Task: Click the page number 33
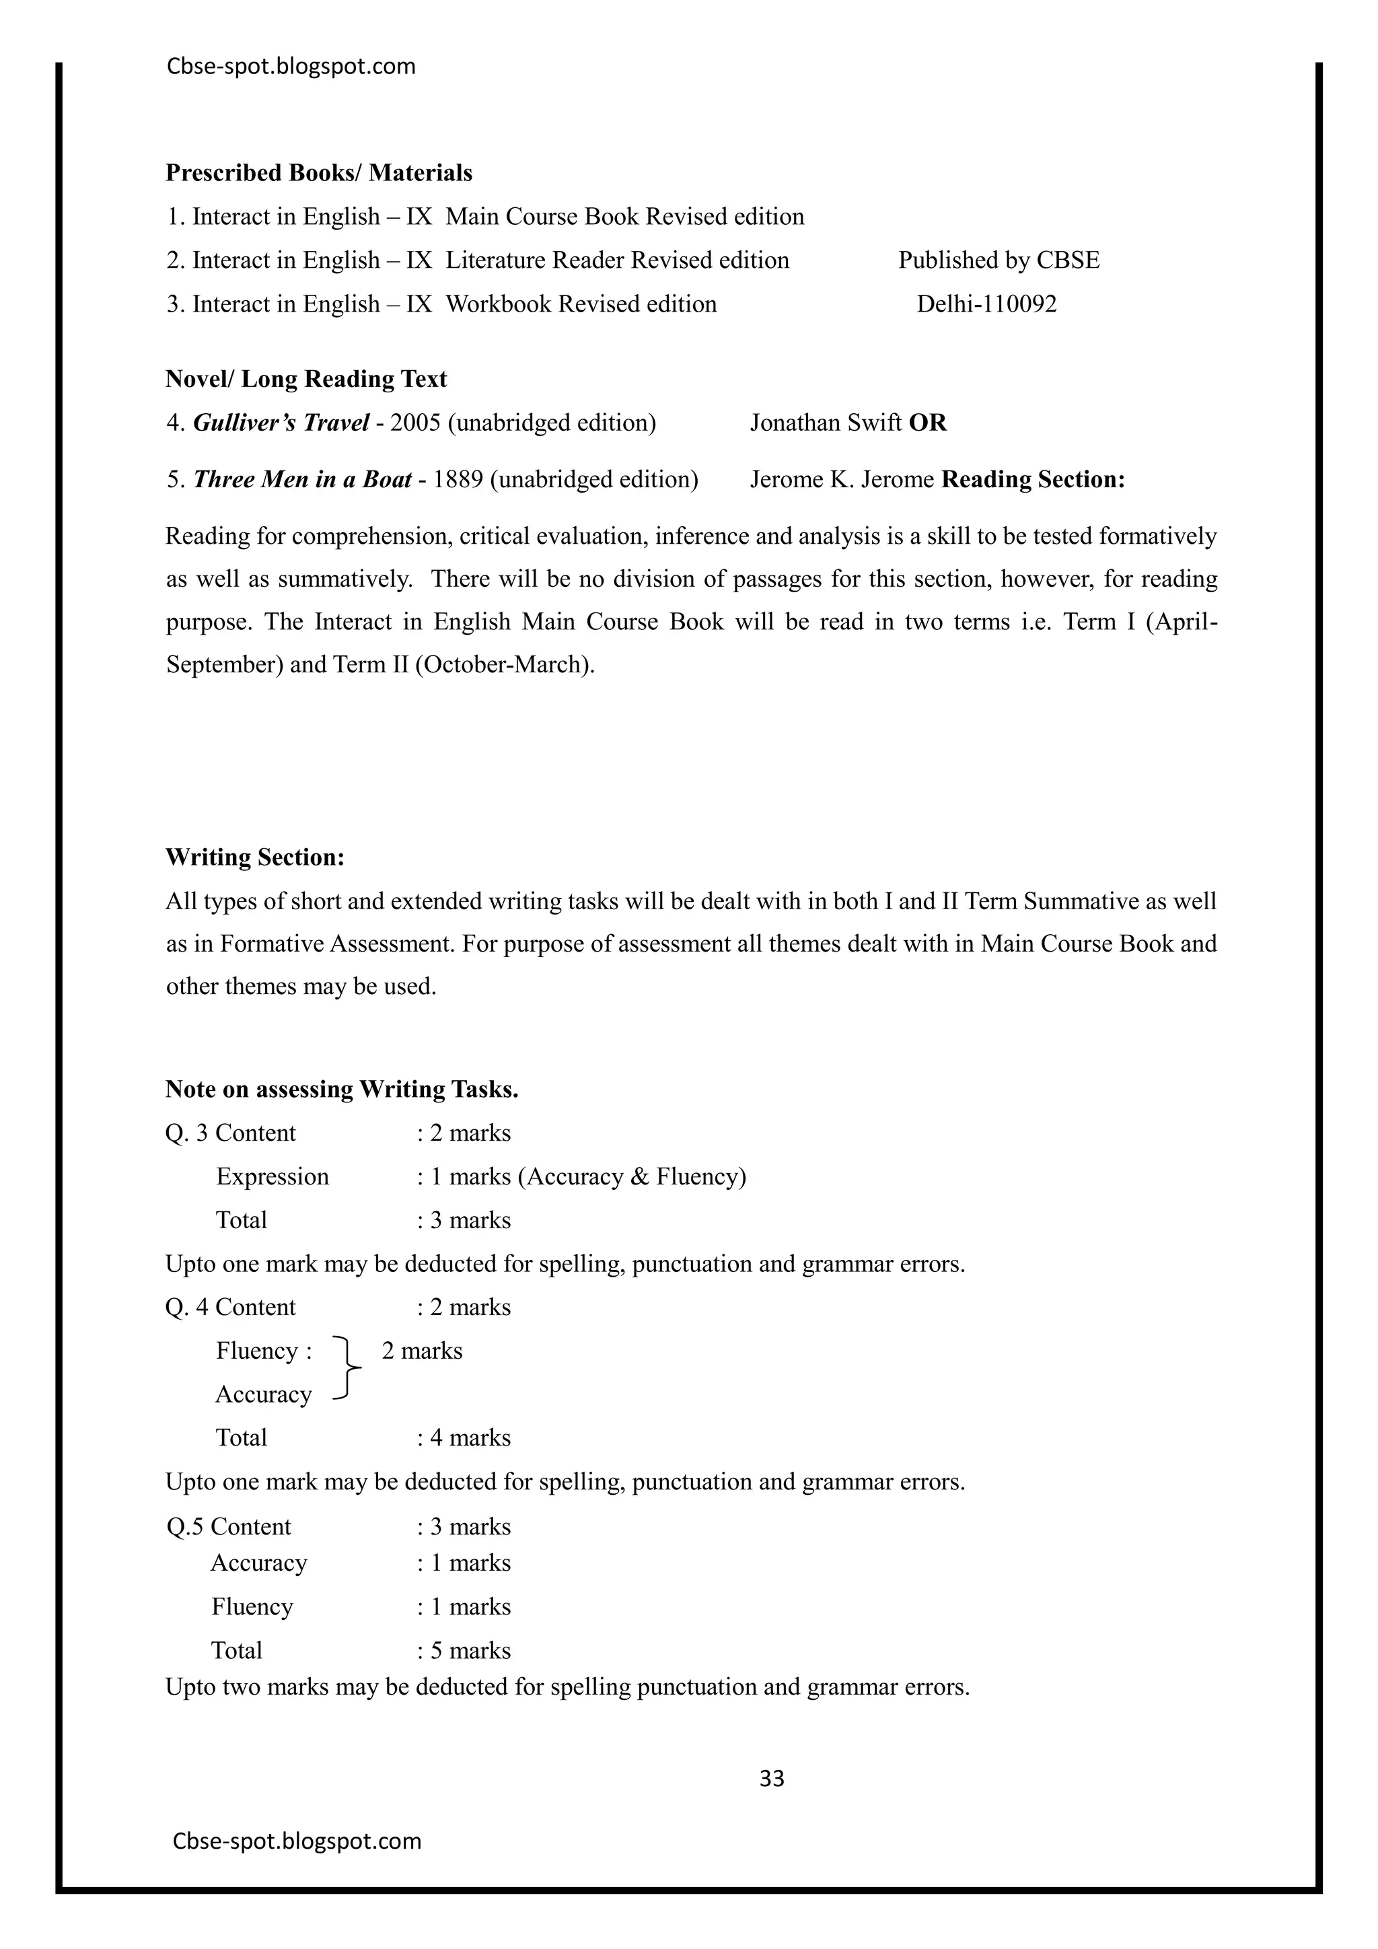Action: [771, 1777]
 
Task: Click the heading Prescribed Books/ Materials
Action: [319, 173]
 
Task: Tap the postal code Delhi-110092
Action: [987, 304]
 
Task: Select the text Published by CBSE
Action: [999, 260]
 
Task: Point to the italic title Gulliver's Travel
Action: [281, 423]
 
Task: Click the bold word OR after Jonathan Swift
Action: [927, 423]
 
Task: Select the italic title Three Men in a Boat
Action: [302, 480]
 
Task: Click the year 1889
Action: [458, 480]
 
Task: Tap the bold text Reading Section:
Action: [1033, 480]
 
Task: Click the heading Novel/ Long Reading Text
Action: [306, 379]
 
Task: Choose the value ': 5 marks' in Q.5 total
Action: [464, 1650]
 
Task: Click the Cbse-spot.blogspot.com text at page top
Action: [291, 66]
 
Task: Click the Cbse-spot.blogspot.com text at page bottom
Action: [297, 1841]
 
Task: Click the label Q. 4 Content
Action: [231, 1306]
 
